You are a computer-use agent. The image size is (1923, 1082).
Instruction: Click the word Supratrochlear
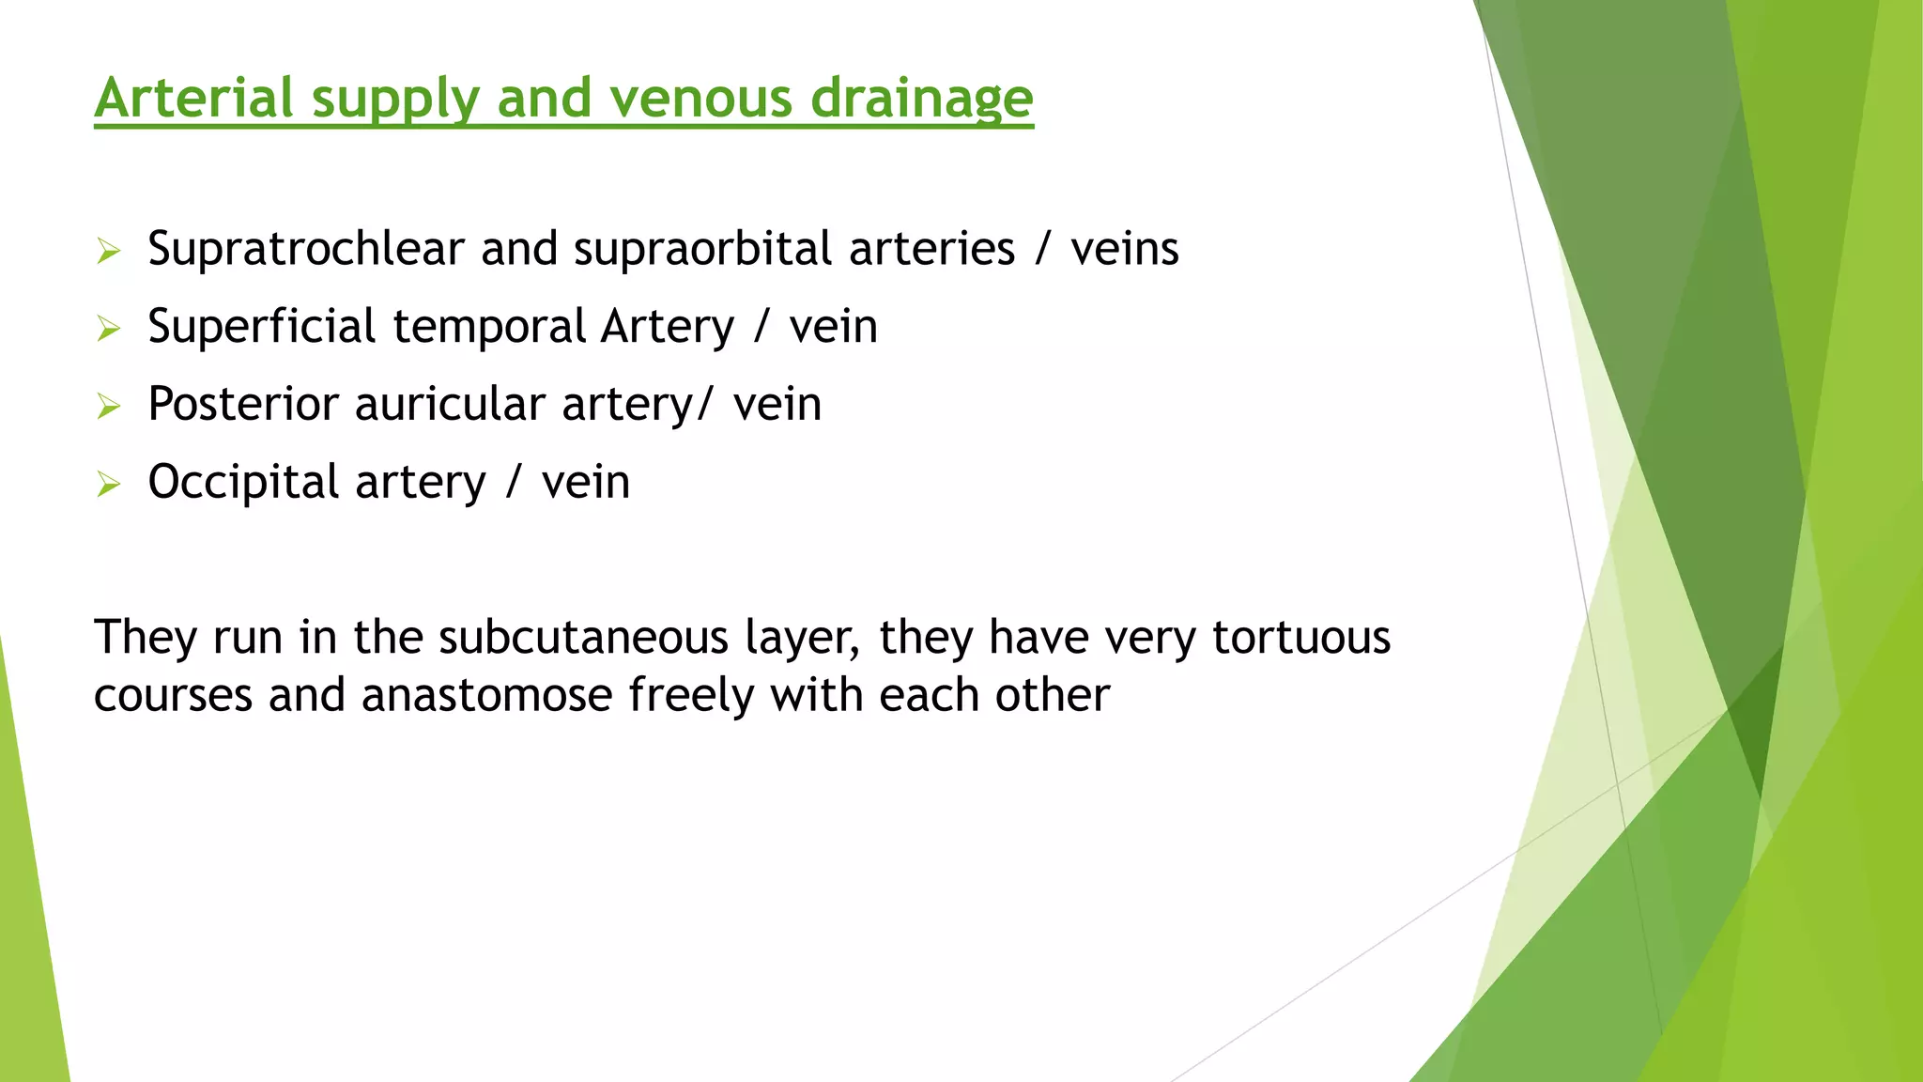tap(306, 250)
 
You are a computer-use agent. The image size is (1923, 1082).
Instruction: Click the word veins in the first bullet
tap(1124, 250)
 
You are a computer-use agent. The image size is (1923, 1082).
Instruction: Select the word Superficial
tap(262, 327)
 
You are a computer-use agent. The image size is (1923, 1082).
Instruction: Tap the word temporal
tap(489, 327)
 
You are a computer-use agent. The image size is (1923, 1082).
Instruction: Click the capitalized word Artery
tap(668, 327)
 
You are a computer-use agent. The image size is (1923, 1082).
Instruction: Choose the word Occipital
tap(243, 483)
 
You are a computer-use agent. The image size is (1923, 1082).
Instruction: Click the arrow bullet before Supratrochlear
tap(109, 252)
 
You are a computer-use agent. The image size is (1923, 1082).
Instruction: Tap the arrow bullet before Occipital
tap(109, 485)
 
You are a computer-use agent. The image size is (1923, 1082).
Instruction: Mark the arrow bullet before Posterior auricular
tap(109, 407)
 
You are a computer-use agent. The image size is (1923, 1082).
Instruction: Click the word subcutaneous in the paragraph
tap(582, 638)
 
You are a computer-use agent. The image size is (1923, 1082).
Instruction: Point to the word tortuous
tap(1300, 638)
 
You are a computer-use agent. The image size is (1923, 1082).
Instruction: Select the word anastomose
tap(486, 696)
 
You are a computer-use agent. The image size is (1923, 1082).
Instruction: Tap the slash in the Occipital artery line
tap(514, 483)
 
